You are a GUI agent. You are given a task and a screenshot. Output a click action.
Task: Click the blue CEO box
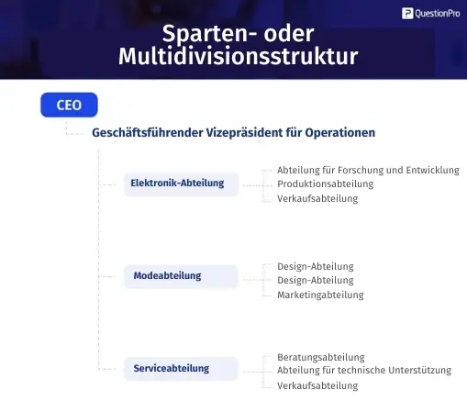[69, 105]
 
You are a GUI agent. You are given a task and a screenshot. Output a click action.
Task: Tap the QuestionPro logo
[431, 14]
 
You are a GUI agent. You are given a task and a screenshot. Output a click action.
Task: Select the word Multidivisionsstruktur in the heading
[239, 56]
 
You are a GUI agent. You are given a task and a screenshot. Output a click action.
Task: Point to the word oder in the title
[289, 33]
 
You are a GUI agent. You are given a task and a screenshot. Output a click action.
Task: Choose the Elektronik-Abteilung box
[181, 184]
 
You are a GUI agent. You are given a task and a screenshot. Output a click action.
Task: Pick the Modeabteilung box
[181, 276]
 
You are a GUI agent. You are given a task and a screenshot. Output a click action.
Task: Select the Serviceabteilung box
[181, 369]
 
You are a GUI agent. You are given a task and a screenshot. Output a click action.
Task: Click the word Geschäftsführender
[148, 133]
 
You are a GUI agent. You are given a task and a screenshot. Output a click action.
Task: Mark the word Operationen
[340, 133]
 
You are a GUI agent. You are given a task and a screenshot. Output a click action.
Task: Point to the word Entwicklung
[432, 170]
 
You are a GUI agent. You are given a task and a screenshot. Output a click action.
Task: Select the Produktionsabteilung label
[326, 184]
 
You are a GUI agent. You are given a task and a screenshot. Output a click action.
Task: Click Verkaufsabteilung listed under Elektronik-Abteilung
[317, 198]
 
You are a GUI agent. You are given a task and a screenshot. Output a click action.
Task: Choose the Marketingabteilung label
[320, 295]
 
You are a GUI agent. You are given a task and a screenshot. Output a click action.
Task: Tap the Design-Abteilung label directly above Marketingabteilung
[316, 280]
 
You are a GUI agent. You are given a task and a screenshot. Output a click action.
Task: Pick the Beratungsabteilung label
[321, 357]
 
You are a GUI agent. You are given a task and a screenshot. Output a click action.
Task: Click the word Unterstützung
[420, 370]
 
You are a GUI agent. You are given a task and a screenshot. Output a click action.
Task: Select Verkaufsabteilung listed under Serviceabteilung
[317, 385]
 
